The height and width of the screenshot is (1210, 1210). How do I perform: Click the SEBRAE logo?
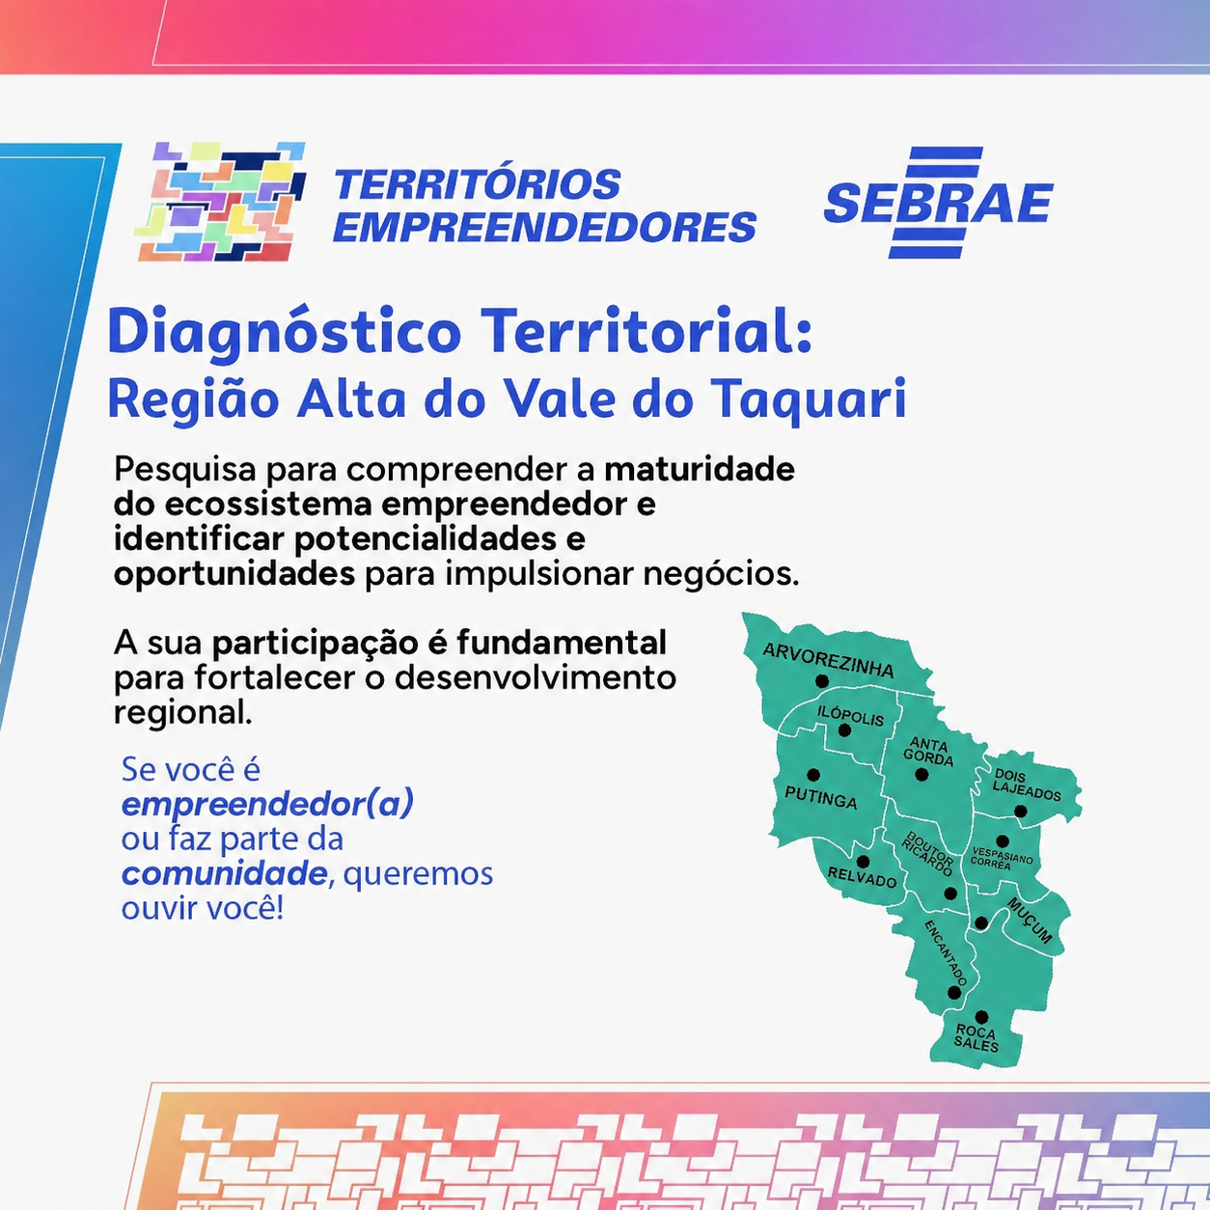(938, 203)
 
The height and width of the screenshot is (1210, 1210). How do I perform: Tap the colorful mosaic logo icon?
(220, 202)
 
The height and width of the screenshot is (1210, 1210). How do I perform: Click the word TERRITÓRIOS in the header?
(478, 184)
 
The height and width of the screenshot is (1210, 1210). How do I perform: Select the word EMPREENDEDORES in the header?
(544, 227)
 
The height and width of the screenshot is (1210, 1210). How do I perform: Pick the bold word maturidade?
(700, 469)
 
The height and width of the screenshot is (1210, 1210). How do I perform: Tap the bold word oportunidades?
(234, 574)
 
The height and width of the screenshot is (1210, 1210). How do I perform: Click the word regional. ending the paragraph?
(182, 712)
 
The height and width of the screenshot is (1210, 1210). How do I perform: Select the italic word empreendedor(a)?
(267, 805)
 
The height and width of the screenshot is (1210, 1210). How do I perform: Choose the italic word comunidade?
(224, 873)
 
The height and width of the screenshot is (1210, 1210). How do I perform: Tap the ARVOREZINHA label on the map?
(828, 660)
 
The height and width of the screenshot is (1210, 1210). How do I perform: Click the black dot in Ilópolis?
(844, 730)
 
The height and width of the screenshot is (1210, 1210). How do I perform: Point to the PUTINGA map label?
(821, 797)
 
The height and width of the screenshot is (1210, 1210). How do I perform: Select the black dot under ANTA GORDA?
(921, 775)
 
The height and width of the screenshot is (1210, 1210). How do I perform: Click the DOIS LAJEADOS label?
(1027, 785)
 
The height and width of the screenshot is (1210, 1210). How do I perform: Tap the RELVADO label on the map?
(862, 876)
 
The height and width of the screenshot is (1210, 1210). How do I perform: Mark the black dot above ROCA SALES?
(981, 1017)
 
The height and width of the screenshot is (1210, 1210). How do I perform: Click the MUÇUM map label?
(1030, 921)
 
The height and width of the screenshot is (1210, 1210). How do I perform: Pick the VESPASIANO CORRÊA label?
(1002, 859)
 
